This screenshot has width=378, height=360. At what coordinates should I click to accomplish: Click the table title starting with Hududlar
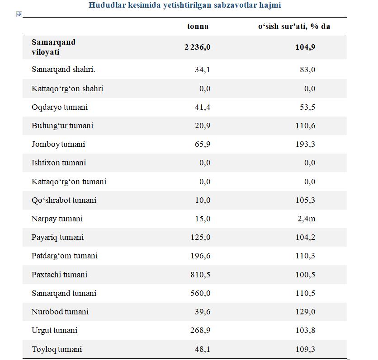[184, 5]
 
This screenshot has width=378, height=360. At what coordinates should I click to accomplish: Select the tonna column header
[198, 26]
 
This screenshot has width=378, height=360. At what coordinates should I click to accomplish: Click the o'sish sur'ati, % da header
[294, 26]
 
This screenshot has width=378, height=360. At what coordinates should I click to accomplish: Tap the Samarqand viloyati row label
[53, 47]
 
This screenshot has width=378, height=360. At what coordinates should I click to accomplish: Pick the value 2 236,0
[197, 47]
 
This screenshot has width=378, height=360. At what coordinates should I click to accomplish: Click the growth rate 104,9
[305, 47]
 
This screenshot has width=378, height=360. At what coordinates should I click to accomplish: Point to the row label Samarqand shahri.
[63, 70]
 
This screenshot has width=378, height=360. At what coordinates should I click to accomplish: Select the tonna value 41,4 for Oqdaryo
[203, 107]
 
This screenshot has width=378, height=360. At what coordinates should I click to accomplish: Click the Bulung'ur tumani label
[62, 126]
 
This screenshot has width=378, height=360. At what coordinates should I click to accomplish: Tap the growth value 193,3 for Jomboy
[305, 144]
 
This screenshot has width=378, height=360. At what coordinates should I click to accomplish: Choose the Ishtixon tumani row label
[59, 163]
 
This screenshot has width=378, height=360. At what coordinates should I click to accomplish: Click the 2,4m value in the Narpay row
[306, 219]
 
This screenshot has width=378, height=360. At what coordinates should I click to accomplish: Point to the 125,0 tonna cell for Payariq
[200, 237]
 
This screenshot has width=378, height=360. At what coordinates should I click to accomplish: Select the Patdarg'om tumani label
[65, 256]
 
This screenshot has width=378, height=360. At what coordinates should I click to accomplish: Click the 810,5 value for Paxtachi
[200, 275]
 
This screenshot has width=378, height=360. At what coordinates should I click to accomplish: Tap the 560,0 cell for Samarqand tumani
[200, 293]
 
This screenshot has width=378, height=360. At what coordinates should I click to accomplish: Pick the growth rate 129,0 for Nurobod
[305, 312]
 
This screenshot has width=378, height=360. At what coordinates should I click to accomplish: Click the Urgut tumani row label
[54, 330]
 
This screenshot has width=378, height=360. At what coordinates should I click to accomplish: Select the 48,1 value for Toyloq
[203, 349]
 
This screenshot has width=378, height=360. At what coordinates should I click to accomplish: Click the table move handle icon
[19, 14]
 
